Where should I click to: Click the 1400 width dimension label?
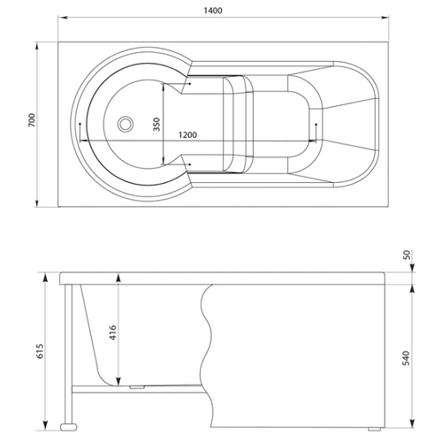[213, 11]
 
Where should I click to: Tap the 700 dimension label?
[32, 120]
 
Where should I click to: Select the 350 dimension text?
[156, 124]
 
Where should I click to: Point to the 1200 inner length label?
[187, 135]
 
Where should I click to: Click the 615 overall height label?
[40, 351]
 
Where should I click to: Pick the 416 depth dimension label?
[113, 332]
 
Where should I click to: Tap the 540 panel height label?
[406, 358]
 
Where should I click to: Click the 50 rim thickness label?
[407, 255]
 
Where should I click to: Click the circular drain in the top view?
[126, 124]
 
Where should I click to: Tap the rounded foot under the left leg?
[68, 427]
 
